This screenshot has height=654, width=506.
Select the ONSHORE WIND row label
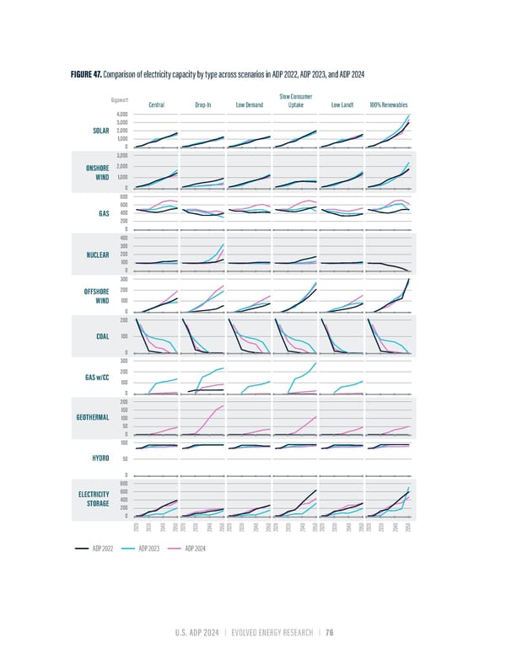tap(100, 173)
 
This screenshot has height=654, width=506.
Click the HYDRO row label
tap(102, 459)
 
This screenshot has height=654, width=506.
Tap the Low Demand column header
tap(250, 105)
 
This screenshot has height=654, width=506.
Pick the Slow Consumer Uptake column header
tap(296, 101)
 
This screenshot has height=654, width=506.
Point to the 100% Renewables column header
tap(389, 105)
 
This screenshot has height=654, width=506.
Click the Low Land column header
tap(342, 105)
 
